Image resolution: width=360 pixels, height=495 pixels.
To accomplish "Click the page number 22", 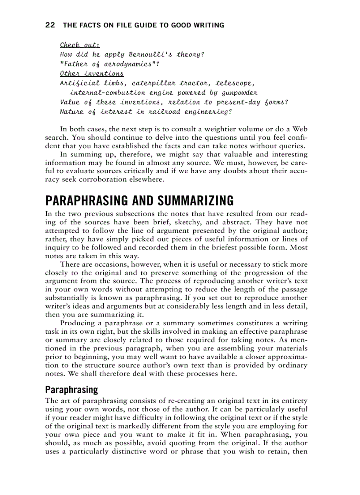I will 50,25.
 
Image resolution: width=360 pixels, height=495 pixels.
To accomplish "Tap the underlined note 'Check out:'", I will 80,45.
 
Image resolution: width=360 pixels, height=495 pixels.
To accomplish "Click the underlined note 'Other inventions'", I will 92,74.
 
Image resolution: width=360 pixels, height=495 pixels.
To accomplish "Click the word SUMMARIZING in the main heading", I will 191,201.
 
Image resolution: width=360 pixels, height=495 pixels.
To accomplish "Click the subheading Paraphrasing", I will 71,390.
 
